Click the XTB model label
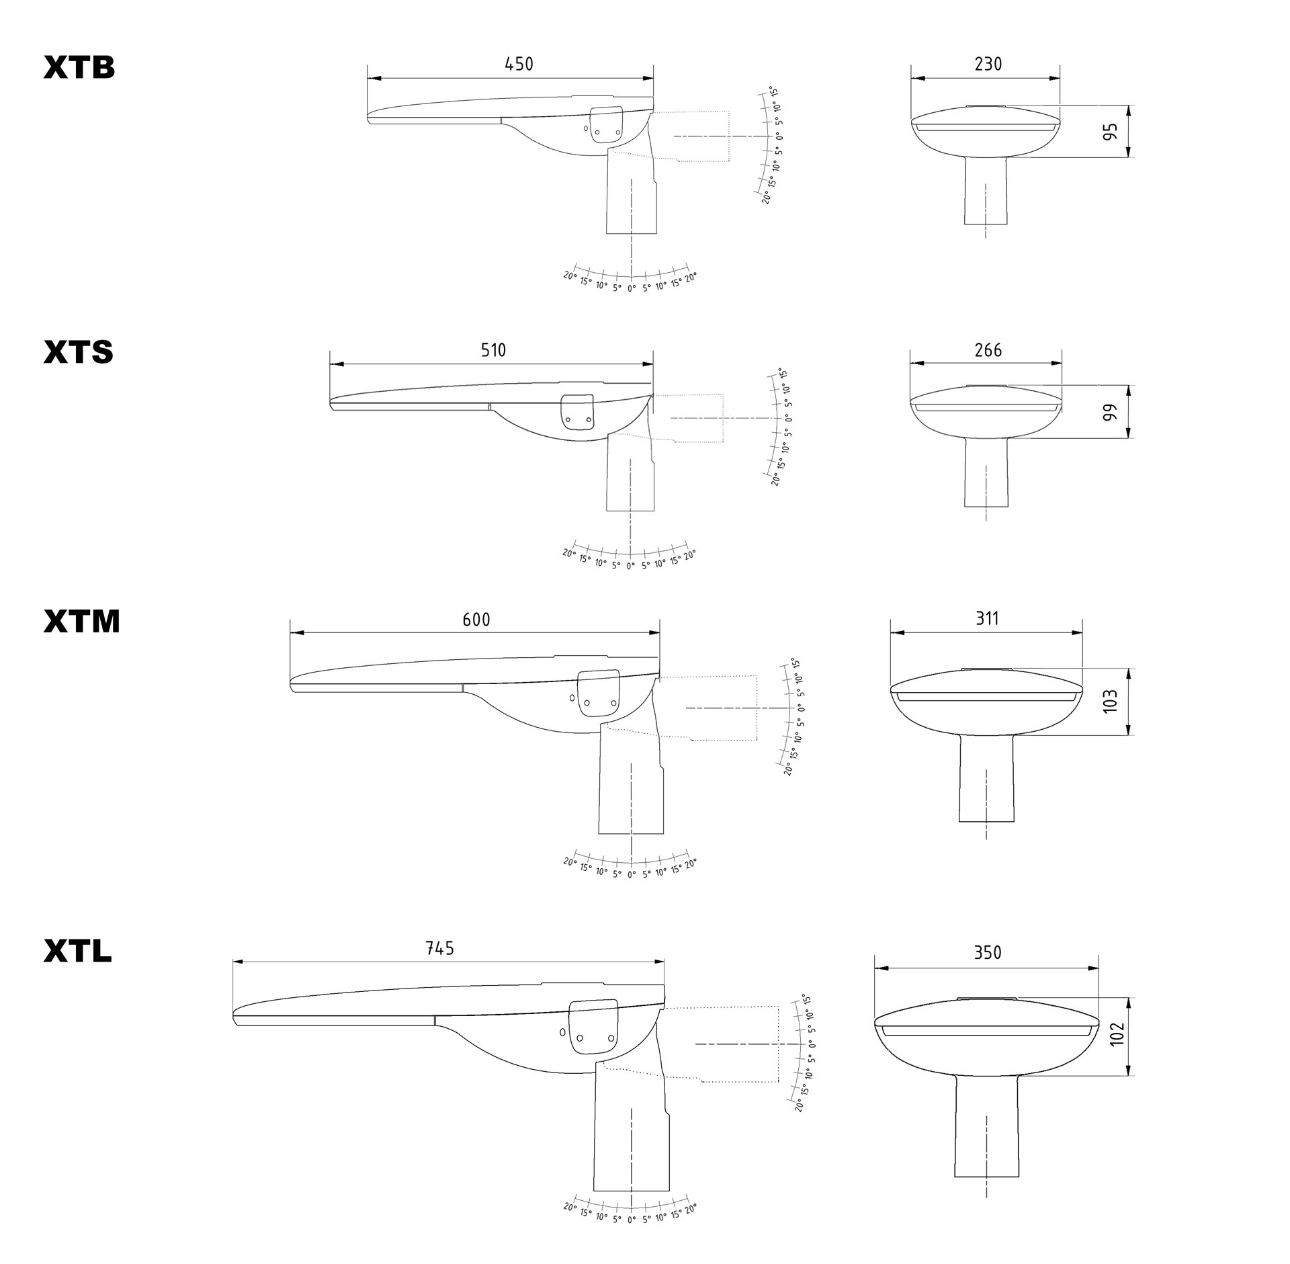coord(79,68)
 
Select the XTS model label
coord(79,353)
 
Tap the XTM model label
coord(82,622)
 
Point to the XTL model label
coord(78,951)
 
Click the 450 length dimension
coord(519,64)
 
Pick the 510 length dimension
coord(493,350)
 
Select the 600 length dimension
coord(476,619)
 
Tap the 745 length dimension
coord(440,948)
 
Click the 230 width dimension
coord(988,64)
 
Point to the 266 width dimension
coord(988,350)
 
